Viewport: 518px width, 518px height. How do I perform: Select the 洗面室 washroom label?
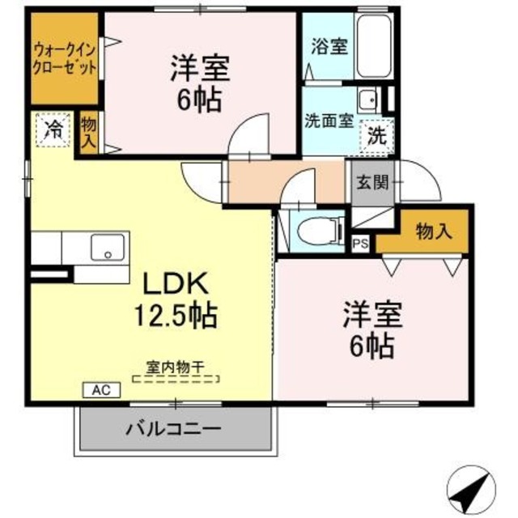pyautogui.click(x=328, y=122)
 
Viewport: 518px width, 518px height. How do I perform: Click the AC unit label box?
pyautogui.click(x=100, y=390)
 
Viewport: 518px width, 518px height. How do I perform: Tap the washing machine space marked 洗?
pyautogui.click(x=377, y=136)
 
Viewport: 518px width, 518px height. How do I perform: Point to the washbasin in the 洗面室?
pyautogui.click(x=368, y=100)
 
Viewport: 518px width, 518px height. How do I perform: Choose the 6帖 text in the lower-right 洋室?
pyautogui.click(x=372, y=346)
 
